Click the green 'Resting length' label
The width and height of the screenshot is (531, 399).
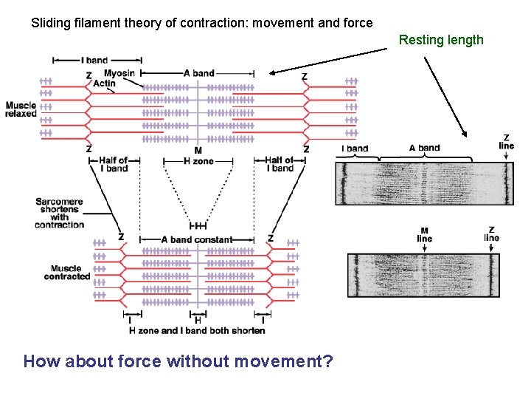pos(441,40)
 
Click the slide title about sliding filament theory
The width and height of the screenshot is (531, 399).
pos(201,23)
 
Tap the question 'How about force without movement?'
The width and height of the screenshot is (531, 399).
pos(178,361)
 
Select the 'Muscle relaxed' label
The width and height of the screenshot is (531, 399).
pos(20,109)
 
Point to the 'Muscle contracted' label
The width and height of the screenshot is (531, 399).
pos(67,273)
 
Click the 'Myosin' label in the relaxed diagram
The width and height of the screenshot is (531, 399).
pos(119,73)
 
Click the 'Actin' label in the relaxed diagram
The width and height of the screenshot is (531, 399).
pos(105,83)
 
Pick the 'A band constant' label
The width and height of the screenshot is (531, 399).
pos(196,239)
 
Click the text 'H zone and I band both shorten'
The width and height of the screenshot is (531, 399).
pos(197,331)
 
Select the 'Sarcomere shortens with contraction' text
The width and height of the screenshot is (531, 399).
pos(60,213)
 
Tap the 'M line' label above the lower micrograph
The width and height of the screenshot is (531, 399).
pos(425,234)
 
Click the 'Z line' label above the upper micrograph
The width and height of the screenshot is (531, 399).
pos(507,141)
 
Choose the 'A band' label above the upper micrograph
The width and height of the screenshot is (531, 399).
pos(425,148)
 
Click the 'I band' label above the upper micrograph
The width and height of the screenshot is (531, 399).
pos(355,149)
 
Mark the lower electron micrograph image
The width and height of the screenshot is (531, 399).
pos(423,276)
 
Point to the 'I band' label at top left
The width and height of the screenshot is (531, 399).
pos(94,60)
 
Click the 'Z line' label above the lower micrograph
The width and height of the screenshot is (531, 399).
pos(491,234)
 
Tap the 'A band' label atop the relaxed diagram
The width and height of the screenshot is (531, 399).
pos(198,73)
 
